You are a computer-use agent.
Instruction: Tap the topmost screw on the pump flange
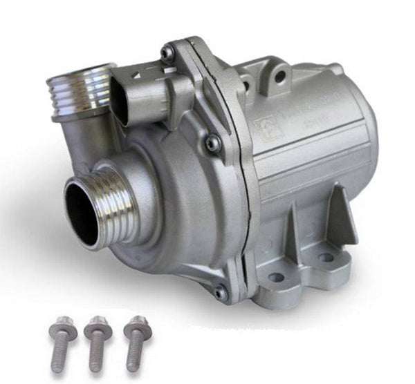167,52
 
